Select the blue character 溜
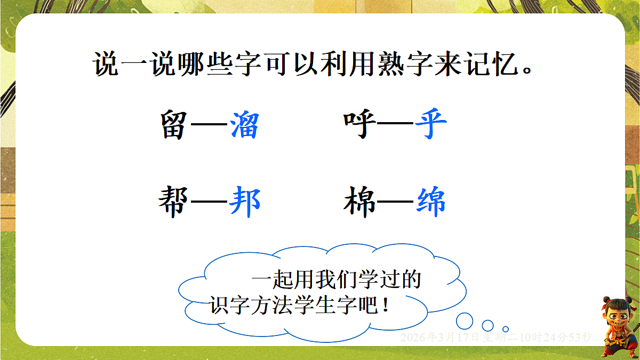point(245,126)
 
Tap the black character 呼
point(358,126)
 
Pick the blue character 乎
point(430,126)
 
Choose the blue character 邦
point(245,202)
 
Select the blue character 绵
point(431,202)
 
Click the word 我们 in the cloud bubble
point(338,279)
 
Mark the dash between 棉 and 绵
point(395,203)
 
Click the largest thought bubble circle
point(465,321)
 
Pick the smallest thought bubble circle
point(506,329)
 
